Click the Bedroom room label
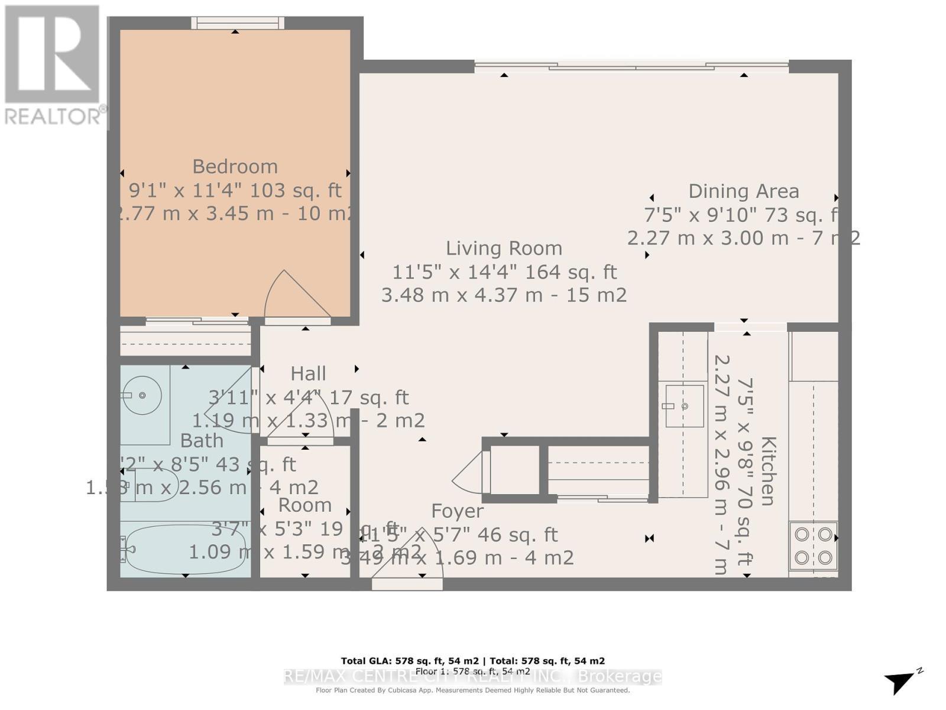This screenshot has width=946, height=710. (235, 167)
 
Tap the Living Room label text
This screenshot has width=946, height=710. (504, 248)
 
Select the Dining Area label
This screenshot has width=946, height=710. (743, 192)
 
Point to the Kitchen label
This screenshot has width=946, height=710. (767, 471)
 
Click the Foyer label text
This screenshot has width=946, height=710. (457, 511)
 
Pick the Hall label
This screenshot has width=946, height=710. (308, 374)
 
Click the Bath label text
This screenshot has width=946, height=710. (202, 441)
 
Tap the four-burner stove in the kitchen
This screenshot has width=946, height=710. (813, 546)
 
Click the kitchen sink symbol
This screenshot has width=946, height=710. (684, 406)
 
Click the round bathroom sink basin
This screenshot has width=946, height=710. (142, 395)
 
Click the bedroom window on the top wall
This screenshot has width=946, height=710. (237, 22)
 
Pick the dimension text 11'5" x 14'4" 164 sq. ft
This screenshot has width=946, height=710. (504, 272)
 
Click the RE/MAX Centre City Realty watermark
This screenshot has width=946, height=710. (473, 676)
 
